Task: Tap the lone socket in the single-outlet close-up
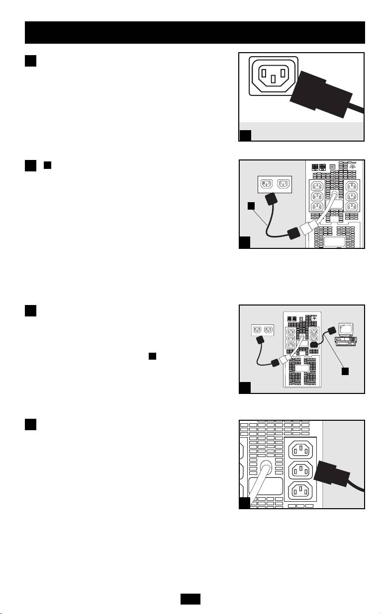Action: click(x=273, y=75)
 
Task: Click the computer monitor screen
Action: click(x=345, y=328)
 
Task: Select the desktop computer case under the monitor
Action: click(x=346, y=342)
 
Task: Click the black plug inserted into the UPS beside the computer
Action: click(x=314, y=344)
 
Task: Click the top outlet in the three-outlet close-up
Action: click(x=301, y=451)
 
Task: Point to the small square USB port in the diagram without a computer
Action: click(x=332, y=167)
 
